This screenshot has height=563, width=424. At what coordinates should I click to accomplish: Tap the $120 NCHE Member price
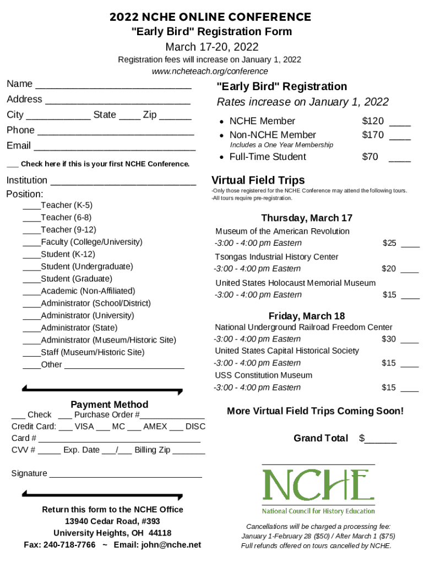click(373, 121)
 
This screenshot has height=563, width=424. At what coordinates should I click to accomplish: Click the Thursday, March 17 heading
click(306, 218)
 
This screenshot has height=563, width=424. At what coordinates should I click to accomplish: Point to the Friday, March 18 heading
click(306, 316)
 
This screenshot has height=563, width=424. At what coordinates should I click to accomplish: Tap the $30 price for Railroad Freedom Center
click(389, 339)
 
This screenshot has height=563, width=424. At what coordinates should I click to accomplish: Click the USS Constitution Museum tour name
click(263, 375)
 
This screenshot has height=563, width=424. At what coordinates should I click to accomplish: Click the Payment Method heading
click(110, 404)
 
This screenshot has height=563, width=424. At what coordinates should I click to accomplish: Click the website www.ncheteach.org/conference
click(210, 71)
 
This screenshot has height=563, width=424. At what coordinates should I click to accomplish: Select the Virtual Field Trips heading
click(258, 180)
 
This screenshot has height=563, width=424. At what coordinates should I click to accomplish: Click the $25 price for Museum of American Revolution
click(389, 243)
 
